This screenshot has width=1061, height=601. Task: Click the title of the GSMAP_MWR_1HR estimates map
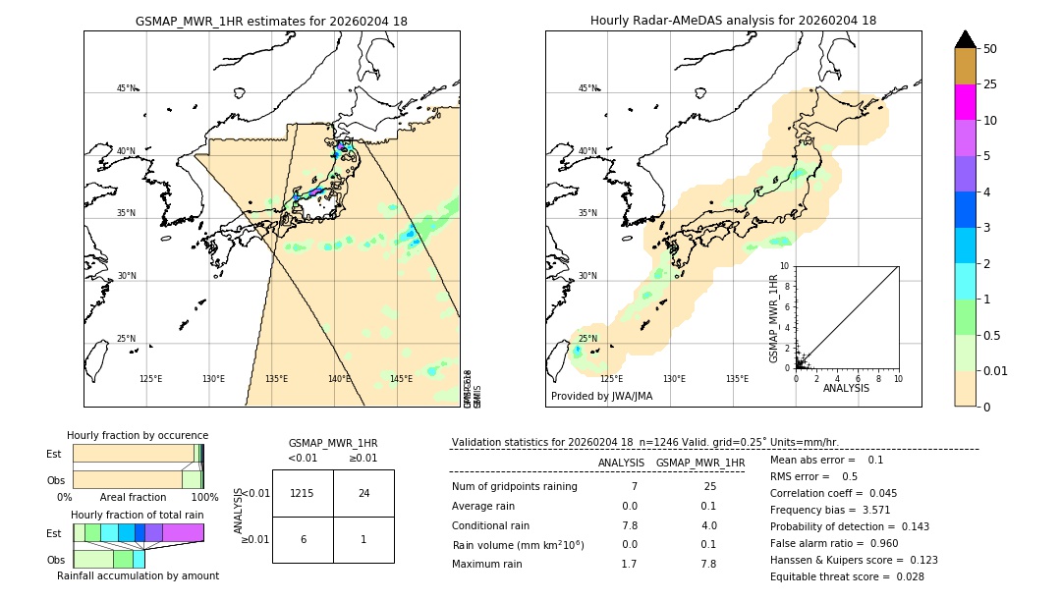[271, 21]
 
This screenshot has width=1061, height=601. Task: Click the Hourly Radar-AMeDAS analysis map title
[733, 21]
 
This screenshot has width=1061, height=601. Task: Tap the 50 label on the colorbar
[990, 49]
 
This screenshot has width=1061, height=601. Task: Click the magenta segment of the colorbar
[965, 102]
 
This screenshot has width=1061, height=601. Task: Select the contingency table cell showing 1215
[303, 493]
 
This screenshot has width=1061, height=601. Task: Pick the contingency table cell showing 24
[363, 493]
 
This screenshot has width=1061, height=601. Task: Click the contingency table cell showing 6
[303, 539]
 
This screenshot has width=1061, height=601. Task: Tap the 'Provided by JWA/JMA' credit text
[601, 397]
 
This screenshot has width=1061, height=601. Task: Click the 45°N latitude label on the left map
[126, 88]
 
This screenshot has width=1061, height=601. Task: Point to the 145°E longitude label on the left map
[401, 379]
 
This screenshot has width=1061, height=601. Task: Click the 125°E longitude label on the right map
[611, 379]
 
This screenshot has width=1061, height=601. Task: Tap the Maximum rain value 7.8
[708, 564]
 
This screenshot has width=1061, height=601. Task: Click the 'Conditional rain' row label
[491, 525]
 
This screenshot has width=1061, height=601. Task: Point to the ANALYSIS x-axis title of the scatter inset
[846, 388]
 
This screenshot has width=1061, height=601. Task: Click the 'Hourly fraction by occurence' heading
[138, 435]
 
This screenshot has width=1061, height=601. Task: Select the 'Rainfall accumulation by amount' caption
[138, 575]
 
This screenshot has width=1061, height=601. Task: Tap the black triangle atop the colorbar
[965, 39]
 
